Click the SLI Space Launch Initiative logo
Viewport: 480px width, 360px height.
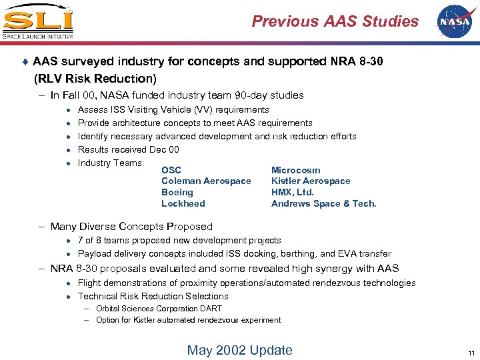tap(38, 21)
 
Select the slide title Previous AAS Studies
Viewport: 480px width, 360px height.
tap(335, 21)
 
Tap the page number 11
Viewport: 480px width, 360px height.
tap(471, 353)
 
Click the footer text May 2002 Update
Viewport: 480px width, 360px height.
tap(239, 351)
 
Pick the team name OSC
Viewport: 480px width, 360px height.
tap(171, 170)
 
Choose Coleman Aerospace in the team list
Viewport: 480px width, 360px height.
tap(206, 181)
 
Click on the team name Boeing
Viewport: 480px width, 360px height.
tap(177, 192)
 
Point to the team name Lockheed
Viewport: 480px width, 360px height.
tap(183, 203)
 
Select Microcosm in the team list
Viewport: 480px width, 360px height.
tap(295, 170)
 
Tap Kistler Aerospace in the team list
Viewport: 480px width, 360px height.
tap(311, 181)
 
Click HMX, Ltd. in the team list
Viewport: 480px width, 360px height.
tap(293, 192)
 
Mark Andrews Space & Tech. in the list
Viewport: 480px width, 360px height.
tap(324, 203)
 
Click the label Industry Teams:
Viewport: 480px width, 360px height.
tap(111, 163)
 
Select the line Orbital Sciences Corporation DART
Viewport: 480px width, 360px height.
tap(159, 309)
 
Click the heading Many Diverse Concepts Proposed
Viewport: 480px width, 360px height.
tap(131, 227)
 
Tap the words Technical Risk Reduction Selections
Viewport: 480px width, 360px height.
tap(153, 296)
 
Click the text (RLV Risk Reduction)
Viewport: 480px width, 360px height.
tap(95, 79)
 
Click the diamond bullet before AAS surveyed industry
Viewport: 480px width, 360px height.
tap(25, 62)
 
